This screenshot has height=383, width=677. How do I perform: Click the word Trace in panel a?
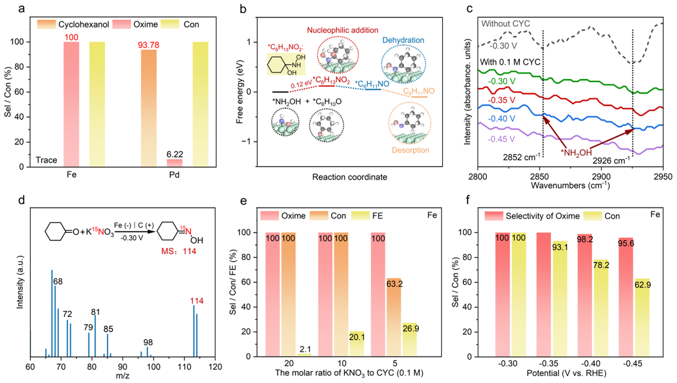(46, 160)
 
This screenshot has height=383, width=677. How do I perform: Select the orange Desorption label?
(411, 151)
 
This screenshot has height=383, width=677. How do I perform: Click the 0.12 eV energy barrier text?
(300, 83)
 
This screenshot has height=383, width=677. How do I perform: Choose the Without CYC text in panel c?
(505, 23)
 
